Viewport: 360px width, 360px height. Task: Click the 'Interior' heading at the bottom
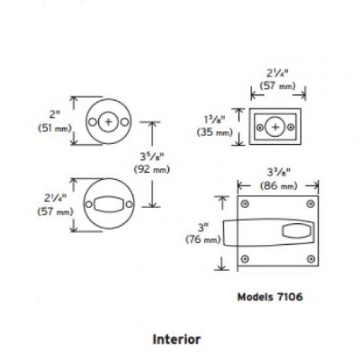point(176,340)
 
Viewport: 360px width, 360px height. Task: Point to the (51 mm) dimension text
point(53,128)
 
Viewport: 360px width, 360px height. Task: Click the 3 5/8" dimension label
point(151,157)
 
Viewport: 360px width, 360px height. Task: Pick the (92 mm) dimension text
point(151,170)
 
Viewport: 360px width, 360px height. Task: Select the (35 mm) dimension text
point(214,132)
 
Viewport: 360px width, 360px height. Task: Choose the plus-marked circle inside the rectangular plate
point(277,126)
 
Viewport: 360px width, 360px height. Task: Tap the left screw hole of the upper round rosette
point(93,122)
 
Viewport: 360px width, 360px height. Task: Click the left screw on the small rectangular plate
point(261,127)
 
